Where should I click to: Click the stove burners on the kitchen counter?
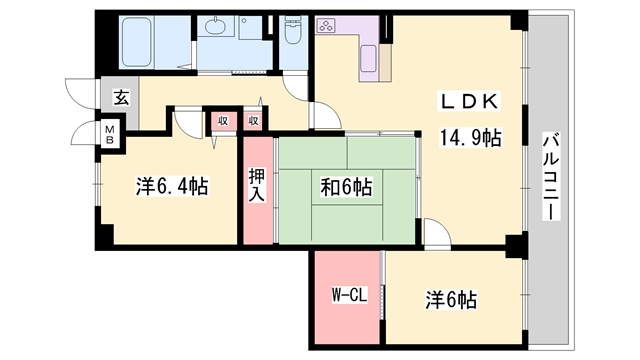click(328, 27)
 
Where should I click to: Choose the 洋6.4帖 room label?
click(172, 186)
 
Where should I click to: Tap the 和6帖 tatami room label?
click(346, 186)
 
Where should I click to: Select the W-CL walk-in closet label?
click(346, 296)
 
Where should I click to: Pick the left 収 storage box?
click(223, 121)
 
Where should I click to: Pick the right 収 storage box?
click(254, 121)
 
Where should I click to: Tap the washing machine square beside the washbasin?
click(251, 47)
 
